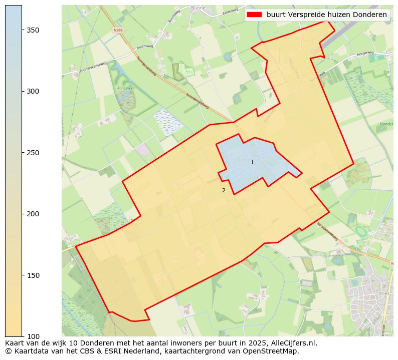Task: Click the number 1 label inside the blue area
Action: [x=252, y=162]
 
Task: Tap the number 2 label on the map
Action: [x=224, y=190]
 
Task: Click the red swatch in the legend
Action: [x=254, y=15]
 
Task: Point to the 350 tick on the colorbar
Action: [x=33, y=30]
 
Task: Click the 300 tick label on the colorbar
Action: [x=33, y=91]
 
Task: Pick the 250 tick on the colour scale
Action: [x=33, y=153]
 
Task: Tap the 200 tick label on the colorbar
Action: [x=33, y=214]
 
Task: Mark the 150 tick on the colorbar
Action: [x=33, y=275]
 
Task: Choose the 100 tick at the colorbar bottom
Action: [x=33, y=336]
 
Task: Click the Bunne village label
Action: [x=198, y=8]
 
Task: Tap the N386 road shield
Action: [x=118, y=30]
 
